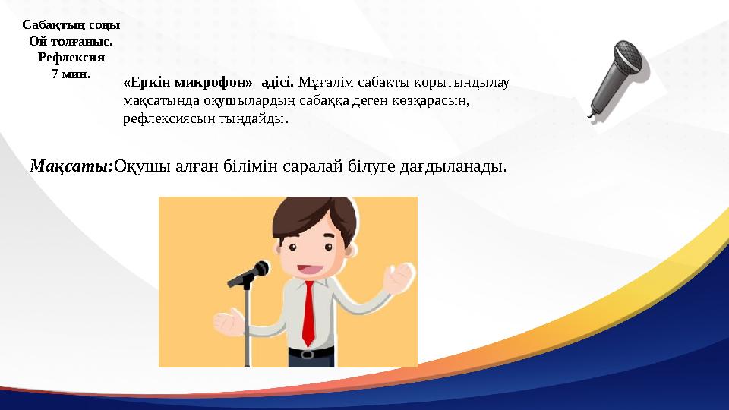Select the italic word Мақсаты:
pos(71,166)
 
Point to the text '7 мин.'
pos(71,73)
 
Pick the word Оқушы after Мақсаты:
pos(137,166)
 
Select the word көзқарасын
pos(431,100)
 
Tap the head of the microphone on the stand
pos(258,270)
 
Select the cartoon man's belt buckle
pos(306,353)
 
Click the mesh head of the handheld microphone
pos(628,55)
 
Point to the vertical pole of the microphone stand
pos(246,326)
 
